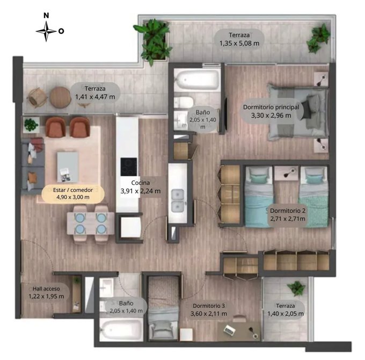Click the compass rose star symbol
tap(46, 31)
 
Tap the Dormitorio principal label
tap(271, 111)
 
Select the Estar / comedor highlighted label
tap(73, 193)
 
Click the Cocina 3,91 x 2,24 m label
tap(141, 187)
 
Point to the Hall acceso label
tap(46, 292)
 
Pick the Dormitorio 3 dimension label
tap(209, 309)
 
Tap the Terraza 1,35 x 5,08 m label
tap(239, 39)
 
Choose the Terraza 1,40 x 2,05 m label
tap(286, 309)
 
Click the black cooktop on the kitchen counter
tap(128, 167)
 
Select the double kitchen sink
tap(178, 200)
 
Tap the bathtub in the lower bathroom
tap(121, 329)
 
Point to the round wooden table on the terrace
tap(60, 97)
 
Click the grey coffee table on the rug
tap(68, 167)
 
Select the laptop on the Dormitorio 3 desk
tap(230, 329)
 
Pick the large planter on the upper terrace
tap(155, 41)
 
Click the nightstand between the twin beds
tap(286, 173)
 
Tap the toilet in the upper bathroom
tap(184, 102)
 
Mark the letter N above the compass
tap(46, 16)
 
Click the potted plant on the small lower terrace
tap(296, 288)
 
